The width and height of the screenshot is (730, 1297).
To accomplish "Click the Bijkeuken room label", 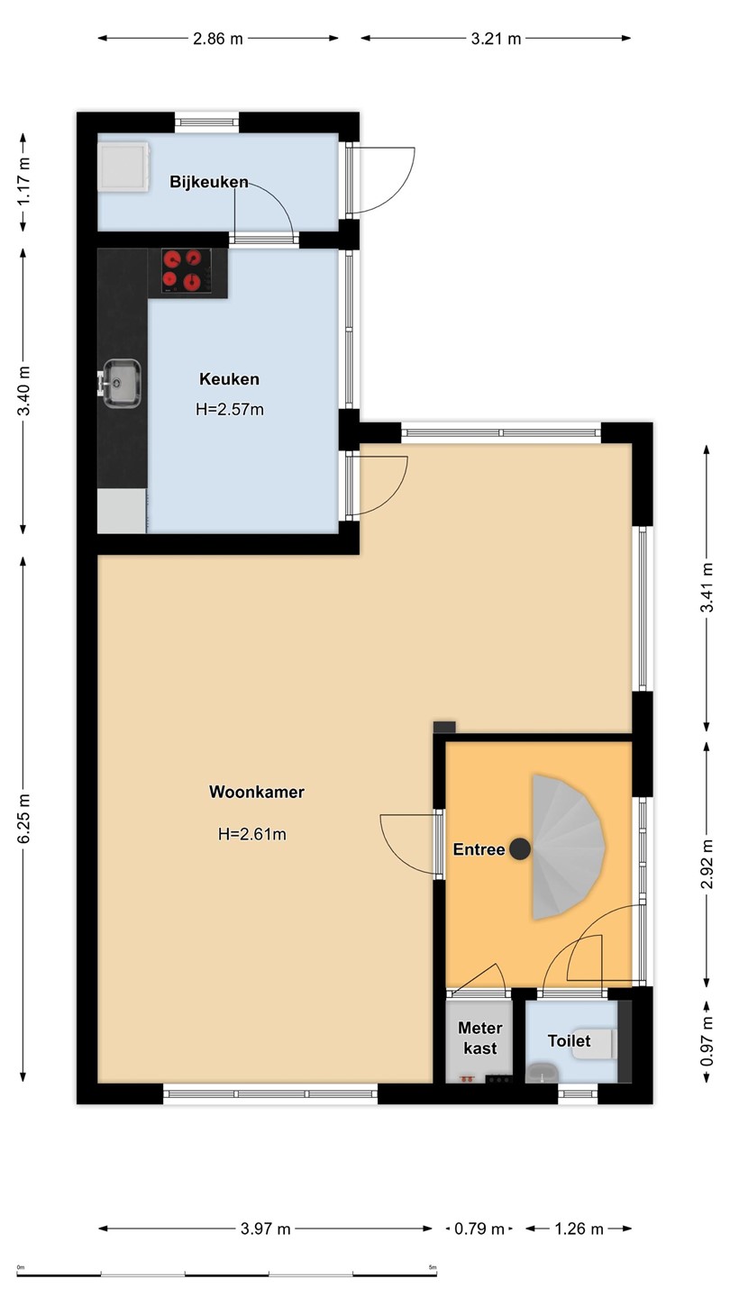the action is pyautogui.click(x=208, y=182).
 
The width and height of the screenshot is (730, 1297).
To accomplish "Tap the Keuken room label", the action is pyautogui.click(x=230, y=379).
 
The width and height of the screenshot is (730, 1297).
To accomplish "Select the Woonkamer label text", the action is pyautogui.click(x=257, y=792).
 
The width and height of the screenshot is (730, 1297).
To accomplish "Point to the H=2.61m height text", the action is pyautogui.click(x=252, y=834).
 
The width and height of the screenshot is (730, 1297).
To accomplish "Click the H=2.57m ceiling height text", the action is pyautogui.click(x=230, y=409).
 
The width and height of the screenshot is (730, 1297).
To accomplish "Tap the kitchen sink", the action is pyautogui.click(x=119, y=384).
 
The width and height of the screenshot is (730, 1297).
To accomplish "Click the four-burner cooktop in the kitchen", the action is pyautogui.click(x=186, y=270).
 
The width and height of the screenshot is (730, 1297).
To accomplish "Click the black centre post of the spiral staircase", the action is pyautogui.click(x=520, y=848).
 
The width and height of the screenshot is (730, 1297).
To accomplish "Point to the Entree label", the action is pyautogui.click(x=479, y=849).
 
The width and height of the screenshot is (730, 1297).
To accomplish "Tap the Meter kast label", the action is pyautogui.click(x=480, y=1038).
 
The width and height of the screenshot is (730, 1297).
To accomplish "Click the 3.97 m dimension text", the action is pyautogui.click(x=265, y=1229).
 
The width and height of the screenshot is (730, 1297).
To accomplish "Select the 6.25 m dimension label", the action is pyautogui.click(x=23, y=820).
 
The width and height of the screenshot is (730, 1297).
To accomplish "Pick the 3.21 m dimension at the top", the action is pyautogui.click(x=496, y=39).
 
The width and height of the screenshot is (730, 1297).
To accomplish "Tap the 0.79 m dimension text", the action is pyautogui.click(x=479, y=1229).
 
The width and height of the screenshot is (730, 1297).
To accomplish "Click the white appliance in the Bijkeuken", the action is pyautogui.click(x=123, y=167).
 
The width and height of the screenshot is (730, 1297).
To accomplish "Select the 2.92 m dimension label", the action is pyautogui.click(x=707, y=863).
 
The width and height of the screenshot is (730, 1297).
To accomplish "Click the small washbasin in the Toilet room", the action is pyautogui.click(x=543, y=1073).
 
